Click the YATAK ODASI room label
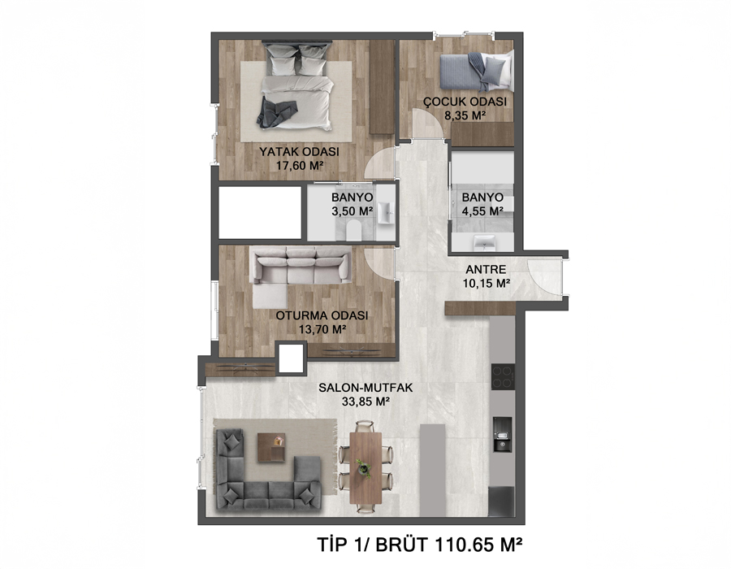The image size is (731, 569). (x=299, y=151)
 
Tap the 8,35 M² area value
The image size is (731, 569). (x=465, y=115)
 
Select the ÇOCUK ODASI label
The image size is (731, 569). (x=465, y=102)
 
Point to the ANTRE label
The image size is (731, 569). (x=486, y=269)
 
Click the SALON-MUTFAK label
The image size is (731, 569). (x=365, y=388)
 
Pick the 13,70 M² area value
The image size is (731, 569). (x=322, y=329)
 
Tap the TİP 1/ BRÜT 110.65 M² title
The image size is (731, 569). (x=419, y=545)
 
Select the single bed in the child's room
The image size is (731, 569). (x=474, y=72)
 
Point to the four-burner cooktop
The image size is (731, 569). (x=503, y=377)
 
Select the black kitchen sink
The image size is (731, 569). (x=503, y=434)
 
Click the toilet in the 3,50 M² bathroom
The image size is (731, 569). (x=354, y=230)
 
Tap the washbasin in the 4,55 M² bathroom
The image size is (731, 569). (x=484, y=241)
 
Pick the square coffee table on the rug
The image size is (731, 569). (x=270, y=447)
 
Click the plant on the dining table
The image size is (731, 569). (x=363, y=467)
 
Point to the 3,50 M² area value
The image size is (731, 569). (x=352, y=211)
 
